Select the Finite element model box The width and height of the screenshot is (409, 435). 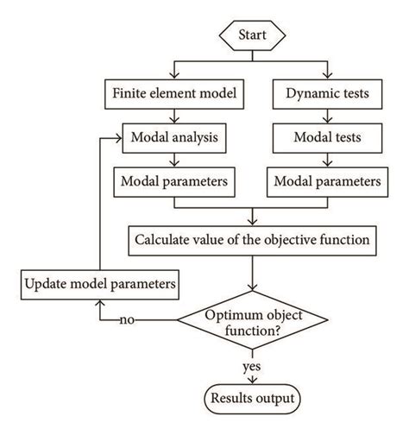[175, 90]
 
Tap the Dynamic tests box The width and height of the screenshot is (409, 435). [328, 90]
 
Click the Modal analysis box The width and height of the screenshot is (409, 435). [175, 136]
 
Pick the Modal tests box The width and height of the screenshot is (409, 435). [328, 136]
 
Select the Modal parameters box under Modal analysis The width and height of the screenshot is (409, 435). [175, 182]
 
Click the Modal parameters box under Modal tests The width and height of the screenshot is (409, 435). [328, 182]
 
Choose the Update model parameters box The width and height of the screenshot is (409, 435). [101, 282]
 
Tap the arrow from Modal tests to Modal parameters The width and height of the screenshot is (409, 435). [328, 160]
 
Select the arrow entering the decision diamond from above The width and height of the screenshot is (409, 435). [252, 281]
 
